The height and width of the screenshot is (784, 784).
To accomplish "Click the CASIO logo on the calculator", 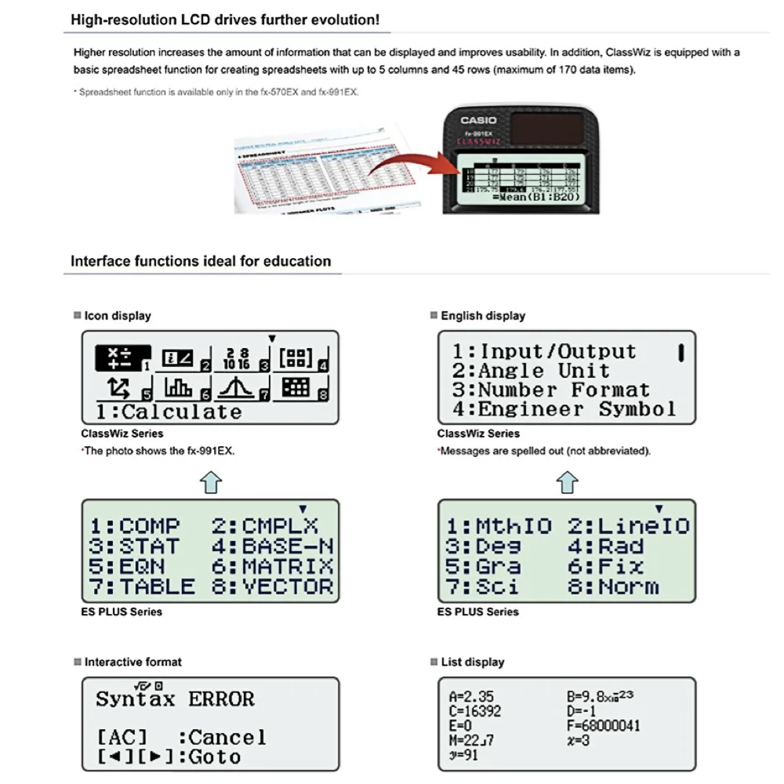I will point(477,120).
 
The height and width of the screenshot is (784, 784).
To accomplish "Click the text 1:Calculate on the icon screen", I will point(169,412).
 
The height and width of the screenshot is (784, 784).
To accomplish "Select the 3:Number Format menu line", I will point(551,390).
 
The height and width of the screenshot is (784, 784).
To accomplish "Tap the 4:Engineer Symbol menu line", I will point(564,409).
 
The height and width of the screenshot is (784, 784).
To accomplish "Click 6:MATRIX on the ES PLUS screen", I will point(272,566).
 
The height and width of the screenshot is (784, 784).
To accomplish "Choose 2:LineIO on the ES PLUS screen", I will point(628,526).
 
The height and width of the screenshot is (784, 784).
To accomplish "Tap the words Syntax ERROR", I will point(175,699).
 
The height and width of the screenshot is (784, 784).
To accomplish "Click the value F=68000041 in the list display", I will point(602,726).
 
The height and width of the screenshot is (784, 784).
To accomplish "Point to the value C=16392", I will point(475,711).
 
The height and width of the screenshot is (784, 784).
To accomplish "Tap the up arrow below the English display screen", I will point(567,482).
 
